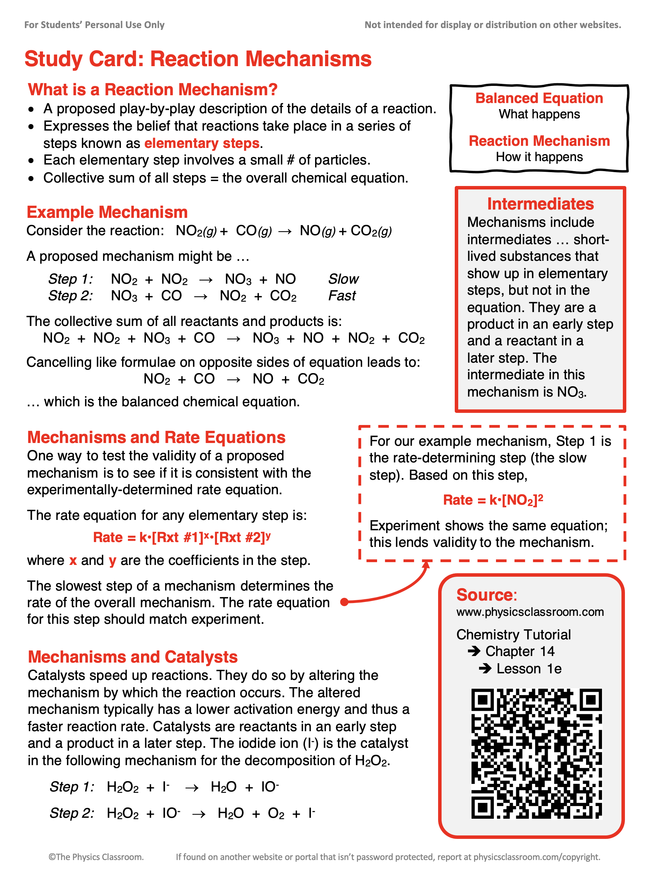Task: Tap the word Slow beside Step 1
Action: point(343,279)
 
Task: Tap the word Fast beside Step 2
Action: point(342,296)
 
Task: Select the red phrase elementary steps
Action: point(202,143)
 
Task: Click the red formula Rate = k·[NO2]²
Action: point(493,500)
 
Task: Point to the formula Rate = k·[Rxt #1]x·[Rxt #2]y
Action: point(182,537)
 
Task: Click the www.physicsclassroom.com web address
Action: point(530,612)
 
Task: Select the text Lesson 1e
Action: point(529,669)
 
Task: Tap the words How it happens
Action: point(539,157)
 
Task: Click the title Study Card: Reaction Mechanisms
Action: point(198,59)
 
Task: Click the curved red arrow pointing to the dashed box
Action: point(399,591)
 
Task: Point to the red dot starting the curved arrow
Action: point(344,602)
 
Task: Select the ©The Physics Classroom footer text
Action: point(96,857)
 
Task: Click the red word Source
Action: point(485,595)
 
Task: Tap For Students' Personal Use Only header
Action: point(94,25)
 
